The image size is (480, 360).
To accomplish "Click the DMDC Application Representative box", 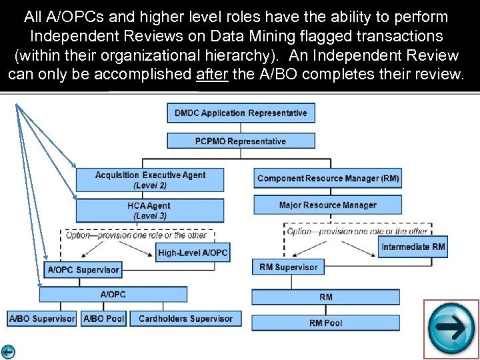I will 241,113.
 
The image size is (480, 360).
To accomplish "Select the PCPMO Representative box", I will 241,141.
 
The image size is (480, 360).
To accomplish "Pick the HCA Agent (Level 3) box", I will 150,211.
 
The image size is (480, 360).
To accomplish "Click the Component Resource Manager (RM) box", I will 328,178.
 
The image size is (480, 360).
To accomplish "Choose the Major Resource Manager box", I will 328,205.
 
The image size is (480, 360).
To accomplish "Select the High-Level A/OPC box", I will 193,253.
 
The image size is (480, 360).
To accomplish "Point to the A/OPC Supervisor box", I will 83,270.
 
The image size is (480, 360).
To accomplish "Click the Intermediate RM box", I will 413,247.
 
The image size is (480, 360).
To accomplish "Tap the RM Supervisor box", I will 287,267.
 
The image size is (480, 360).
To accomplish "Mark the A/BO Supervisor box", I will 42,319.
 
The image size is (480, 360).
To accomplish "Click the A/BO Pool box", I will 104,319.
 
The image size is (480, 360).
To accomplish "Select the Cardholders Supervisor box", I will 185,319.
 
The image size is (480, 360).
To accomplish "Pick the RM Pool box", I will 325,323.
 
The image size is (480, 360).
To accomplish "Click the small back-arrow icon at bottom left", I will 8,353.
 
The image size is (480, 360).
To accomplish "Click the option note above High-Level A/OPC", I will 137,235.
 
